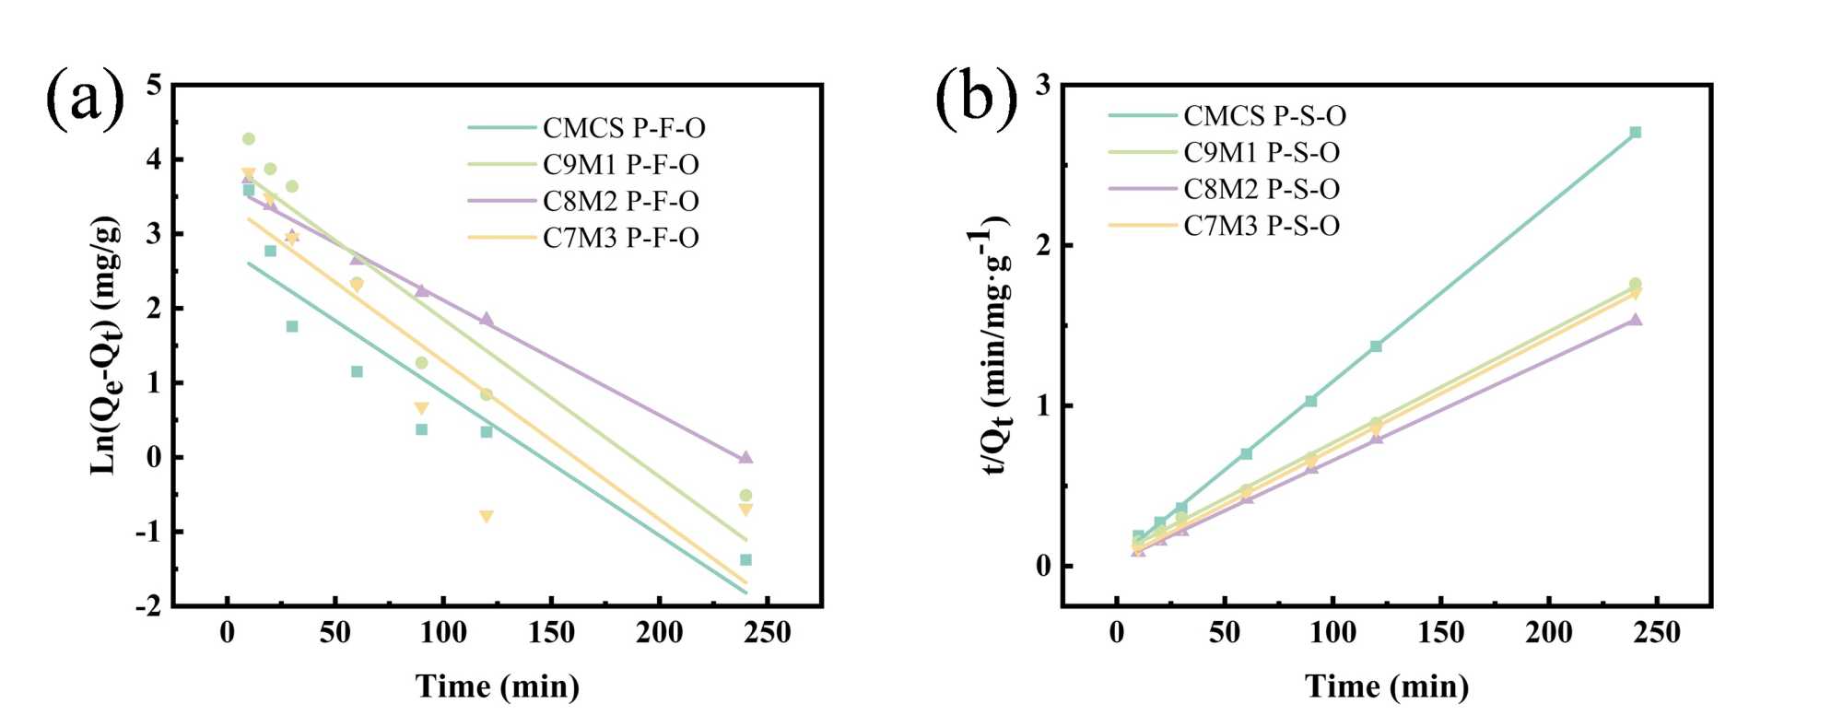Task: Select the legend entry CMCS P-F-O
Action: coord(624,128)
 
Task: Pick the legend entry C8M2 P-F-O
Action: coord(620,202)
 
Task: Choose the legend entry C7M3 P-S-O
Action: coord(1261,226)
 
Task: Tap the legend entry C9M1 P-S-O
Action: coord(1261,153)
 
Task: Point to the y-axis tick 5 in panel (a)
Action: coord(153,86)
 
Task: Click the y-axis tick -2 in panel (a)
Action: coord(147,605)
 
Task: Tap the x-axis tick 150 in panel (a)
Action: coord(551,633)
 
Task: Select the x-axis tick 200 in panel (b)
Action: coord(1548,633)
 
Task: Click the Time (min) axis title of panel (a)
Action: coord(498,686)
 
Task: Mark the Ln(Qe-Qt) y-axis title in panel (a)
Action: coord(106,346)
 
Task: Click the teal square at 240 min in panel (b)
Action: coord(1636,133)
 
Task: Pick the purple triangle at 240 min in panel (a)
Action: coord(745,457)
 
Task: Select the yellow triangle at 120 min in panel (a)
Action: coord(487,517)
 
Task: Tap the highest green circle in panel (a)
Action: coord(248,139)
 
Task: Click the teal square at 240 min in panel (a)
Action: coord(745,560)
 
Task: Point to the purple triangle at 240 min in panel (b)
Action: coord(1636,320)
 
